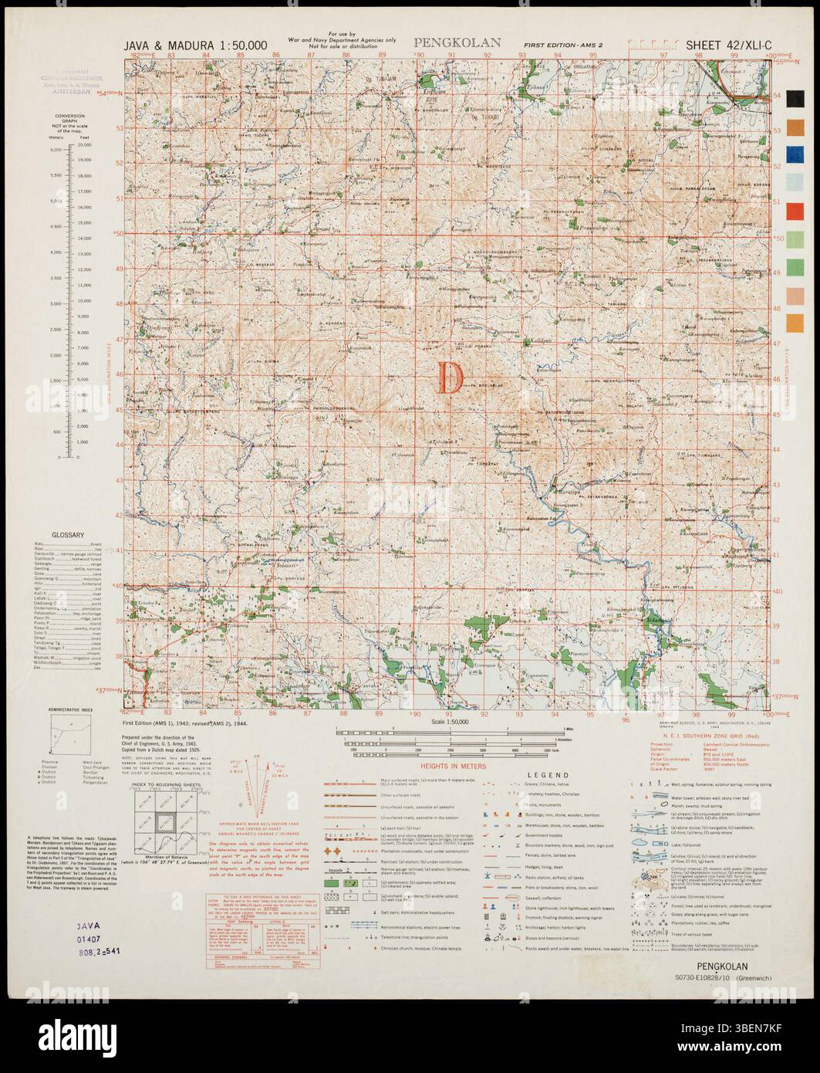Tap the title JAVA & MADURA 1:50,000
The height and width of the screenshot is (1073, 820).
click(195, 46)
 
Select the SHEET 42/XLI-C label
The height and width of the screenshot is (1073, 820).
click(723, 46)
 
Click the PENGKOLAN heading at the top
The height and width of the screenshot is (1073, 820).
click(457, 43)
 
